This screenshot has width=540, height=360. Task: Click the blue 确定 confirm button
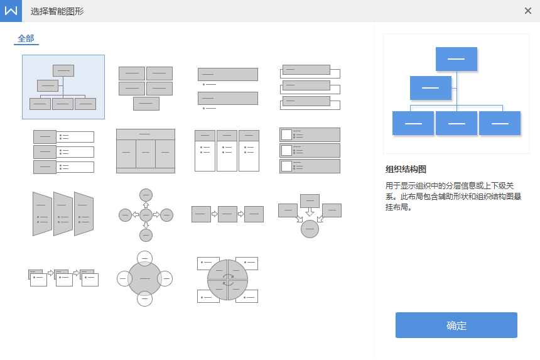pos(456,325)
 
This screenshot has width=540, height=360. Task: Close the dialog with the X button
pos(527,11)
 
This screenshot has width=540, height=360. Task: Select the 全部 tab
pos(26,38)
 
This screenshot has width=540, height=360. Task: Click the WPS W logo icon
pos(11,11)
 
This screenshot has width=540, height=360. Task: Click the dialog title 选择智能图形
pos(57,11)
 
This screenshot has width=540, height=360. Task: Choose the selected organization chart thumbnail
pos(63,87)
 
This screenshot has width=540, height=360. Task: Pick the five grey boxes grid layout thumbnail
pos(146,88)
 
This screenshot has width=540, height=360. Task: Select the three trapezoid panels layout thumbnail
pos(63,214)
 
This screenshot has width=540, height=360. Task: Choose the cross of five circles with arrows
pos(146,215)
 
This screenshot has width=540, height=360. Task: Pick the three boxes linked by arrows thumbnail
pos(228,214)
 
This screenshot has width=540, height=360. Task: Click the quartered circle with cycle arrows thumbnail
pos(228,280)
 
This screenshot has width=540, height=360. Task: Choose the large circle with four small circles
pos(144,278)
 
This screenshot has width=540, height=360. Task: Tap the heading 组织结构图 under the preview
pos(406,169)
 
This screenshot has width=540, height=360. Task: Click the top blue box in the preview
pos(456,59)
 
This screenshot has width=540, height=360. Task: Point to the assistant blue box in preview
pos(431,88)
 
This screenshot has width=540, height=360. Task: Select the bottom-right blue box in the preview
pos(500,123)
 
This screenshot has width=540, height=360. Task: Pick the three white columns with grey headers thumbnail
pos(227,151)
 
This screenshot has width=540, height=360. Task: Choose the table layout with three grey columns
pos(146,151)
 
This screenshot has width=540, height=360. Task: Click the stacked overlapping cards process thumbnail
pos(63,278)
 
